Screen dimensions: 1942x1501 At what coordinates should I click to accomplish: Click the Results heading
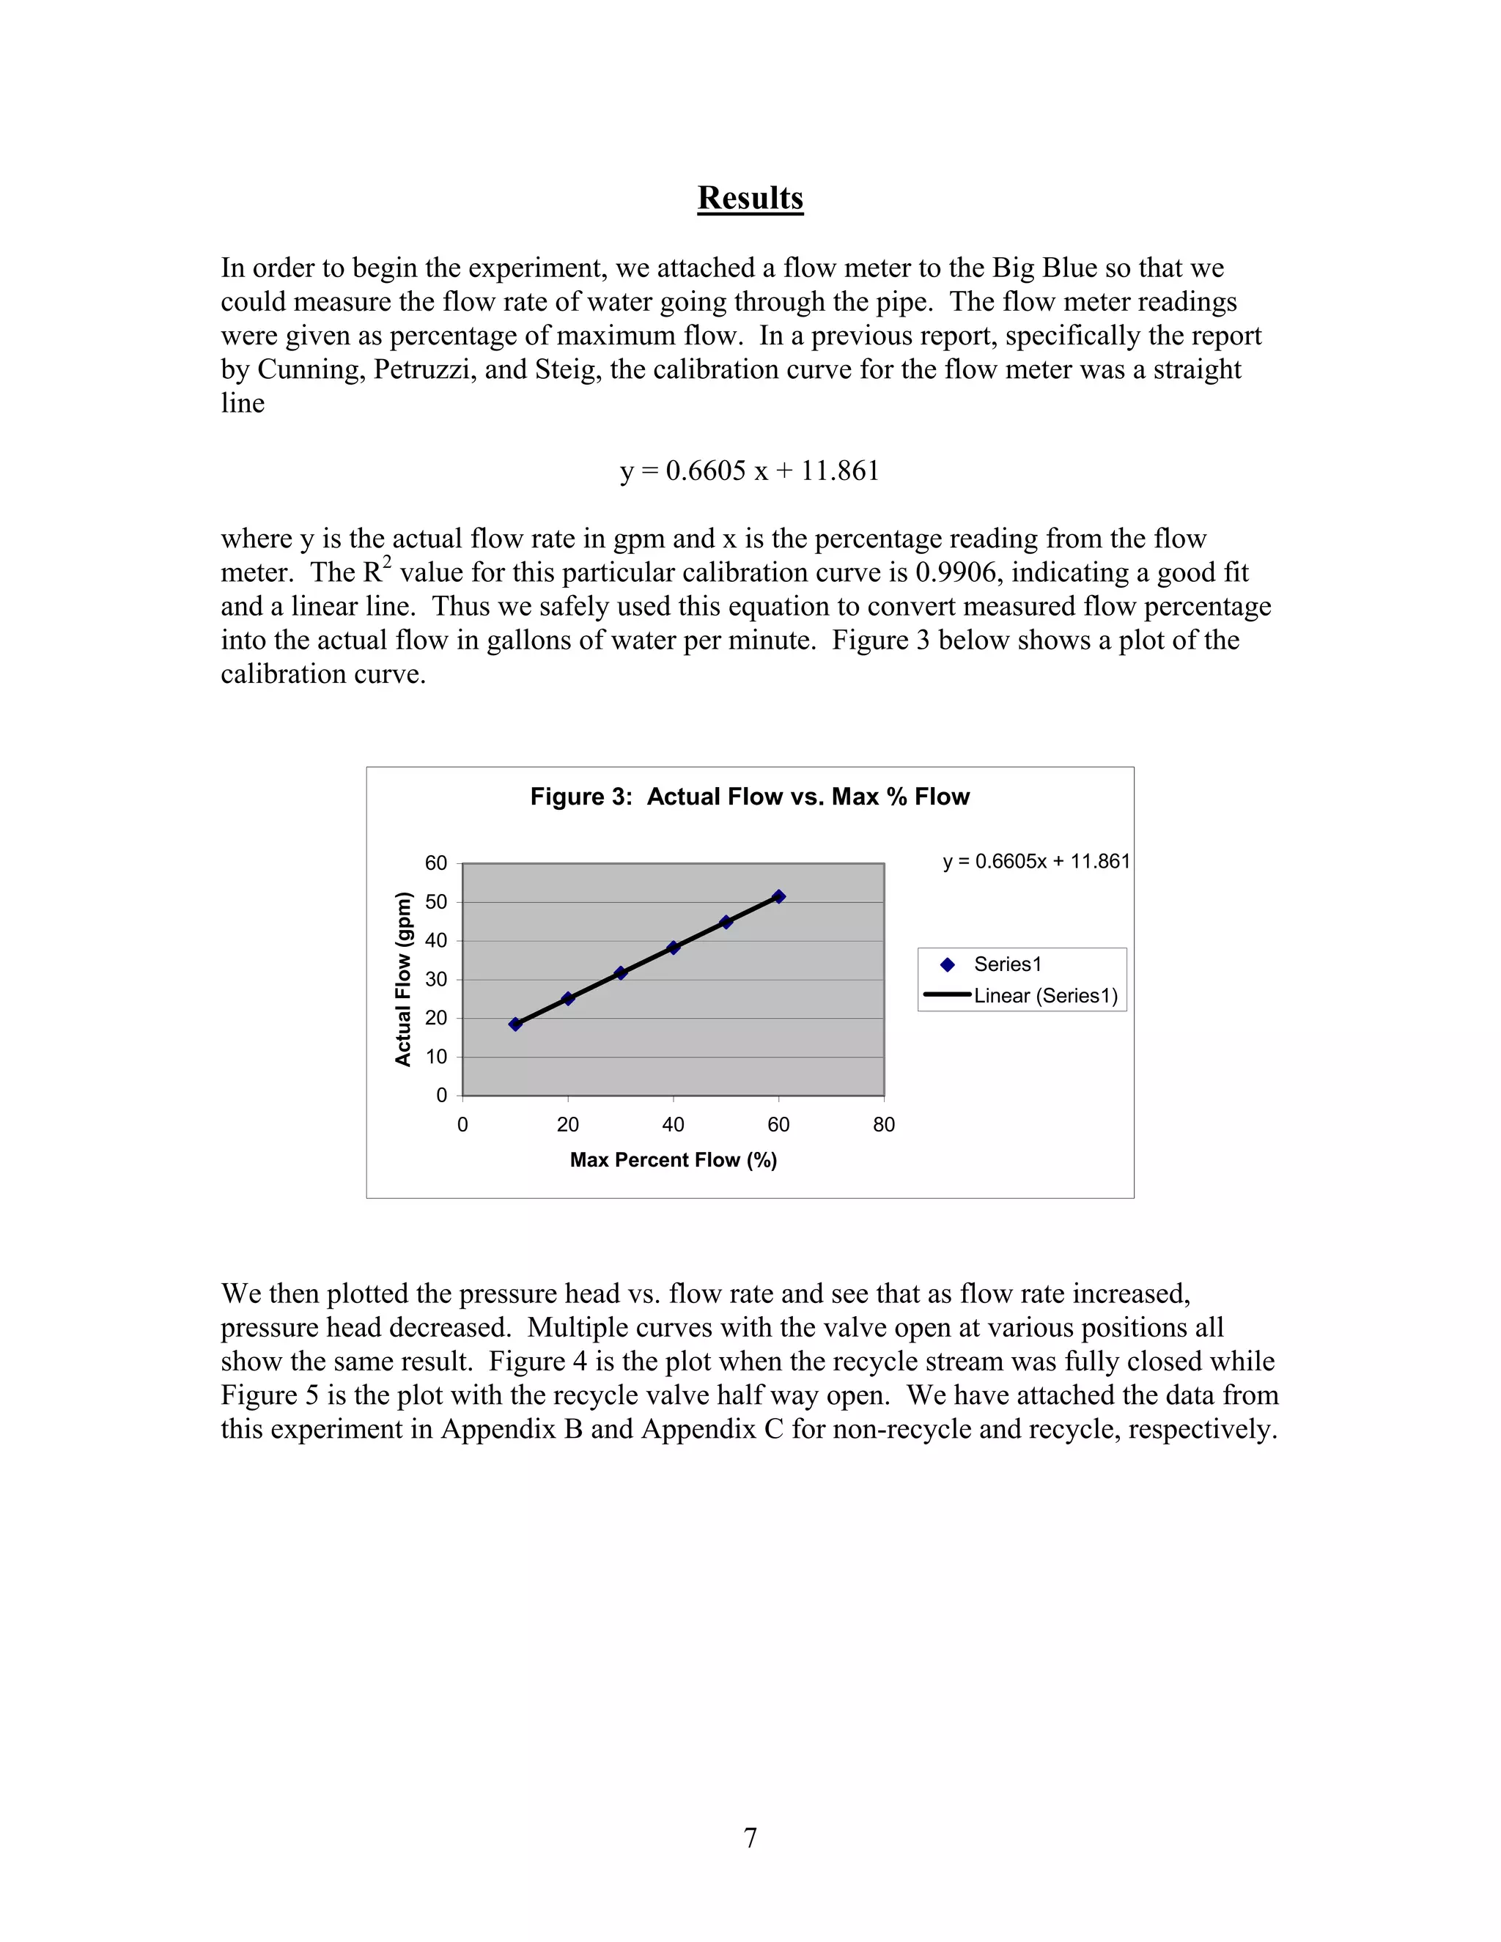(x=750, y=197)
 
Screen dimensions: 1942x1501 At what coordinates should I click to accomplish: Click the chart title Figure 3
(x=750, y=797)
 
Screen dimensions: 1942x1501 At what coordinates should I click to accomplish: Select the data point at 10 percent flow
(x=515, y=1024)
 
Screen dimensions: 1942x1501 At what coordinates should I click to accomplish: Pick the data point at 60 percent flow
(x=778, y=896)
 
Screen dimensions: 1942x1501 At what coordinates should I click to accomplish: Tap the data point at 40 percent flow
(x=673, y=948)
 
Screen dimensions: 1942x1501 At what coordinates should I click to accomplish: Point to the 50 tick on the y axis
(x=436, y=901)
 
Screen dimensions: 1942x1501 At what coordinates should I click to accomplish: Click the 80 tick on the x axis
(x=883, y=1125)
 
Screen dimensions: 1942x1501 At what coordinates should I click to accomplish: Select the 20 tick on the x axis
(x=567, y=1125)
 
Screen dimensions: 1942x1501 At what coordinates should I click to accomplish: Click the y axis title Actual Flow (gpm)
(x=404, y=978)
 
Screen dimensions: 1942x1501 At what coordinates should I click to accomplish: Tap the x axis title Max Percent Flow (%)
(x=673, y=1159)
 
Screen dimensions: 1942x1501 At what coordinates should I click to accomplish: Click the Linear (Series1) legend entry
(x=1045, y=996)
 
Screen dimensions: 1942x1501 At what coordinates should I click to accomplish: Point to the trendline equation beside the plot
(x=1036, y=862)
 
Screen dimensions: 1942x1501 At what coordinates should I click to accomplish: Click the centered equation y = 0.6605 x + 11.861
(x=750, y=470)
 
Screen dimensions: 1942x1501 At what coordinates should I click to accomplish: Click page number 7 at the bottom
(x=750, y=1837)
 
